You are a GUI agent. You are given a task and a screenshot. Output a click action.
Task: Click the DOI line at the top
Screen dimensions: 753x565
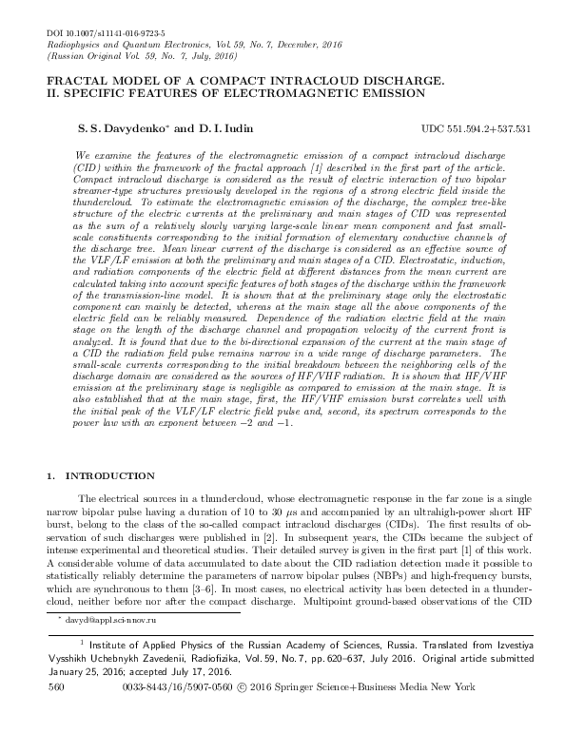point(98,33)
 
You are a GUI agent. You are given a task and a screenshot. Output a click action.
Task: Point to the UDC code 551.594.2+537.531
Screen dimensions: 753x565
point(475,127)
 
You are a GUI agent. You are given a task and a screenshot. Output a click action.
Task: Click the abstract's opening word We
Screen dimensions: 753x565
point(80,154)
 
